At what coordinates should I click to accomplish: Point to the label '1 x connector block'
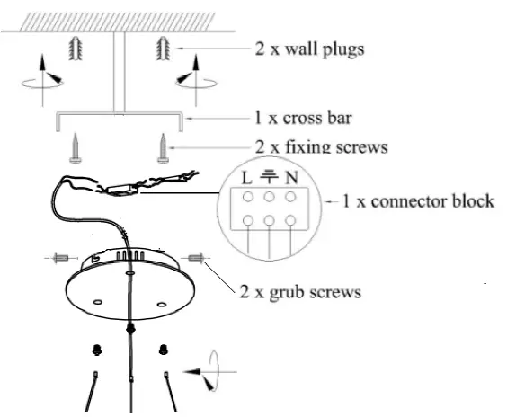click(418, 200)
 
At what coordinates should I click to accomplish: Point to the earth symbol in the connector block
click(269, 176)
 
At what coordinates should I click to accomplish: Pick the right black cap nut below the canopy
click(163, 348)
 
